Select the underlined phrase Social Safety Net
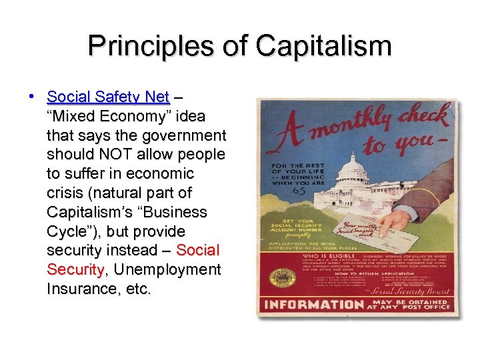point(108,97)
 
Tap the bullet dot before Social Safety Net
point(31,96)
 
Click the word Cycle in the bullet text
point(69,231)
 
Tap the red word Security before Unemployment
point(75,270)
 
